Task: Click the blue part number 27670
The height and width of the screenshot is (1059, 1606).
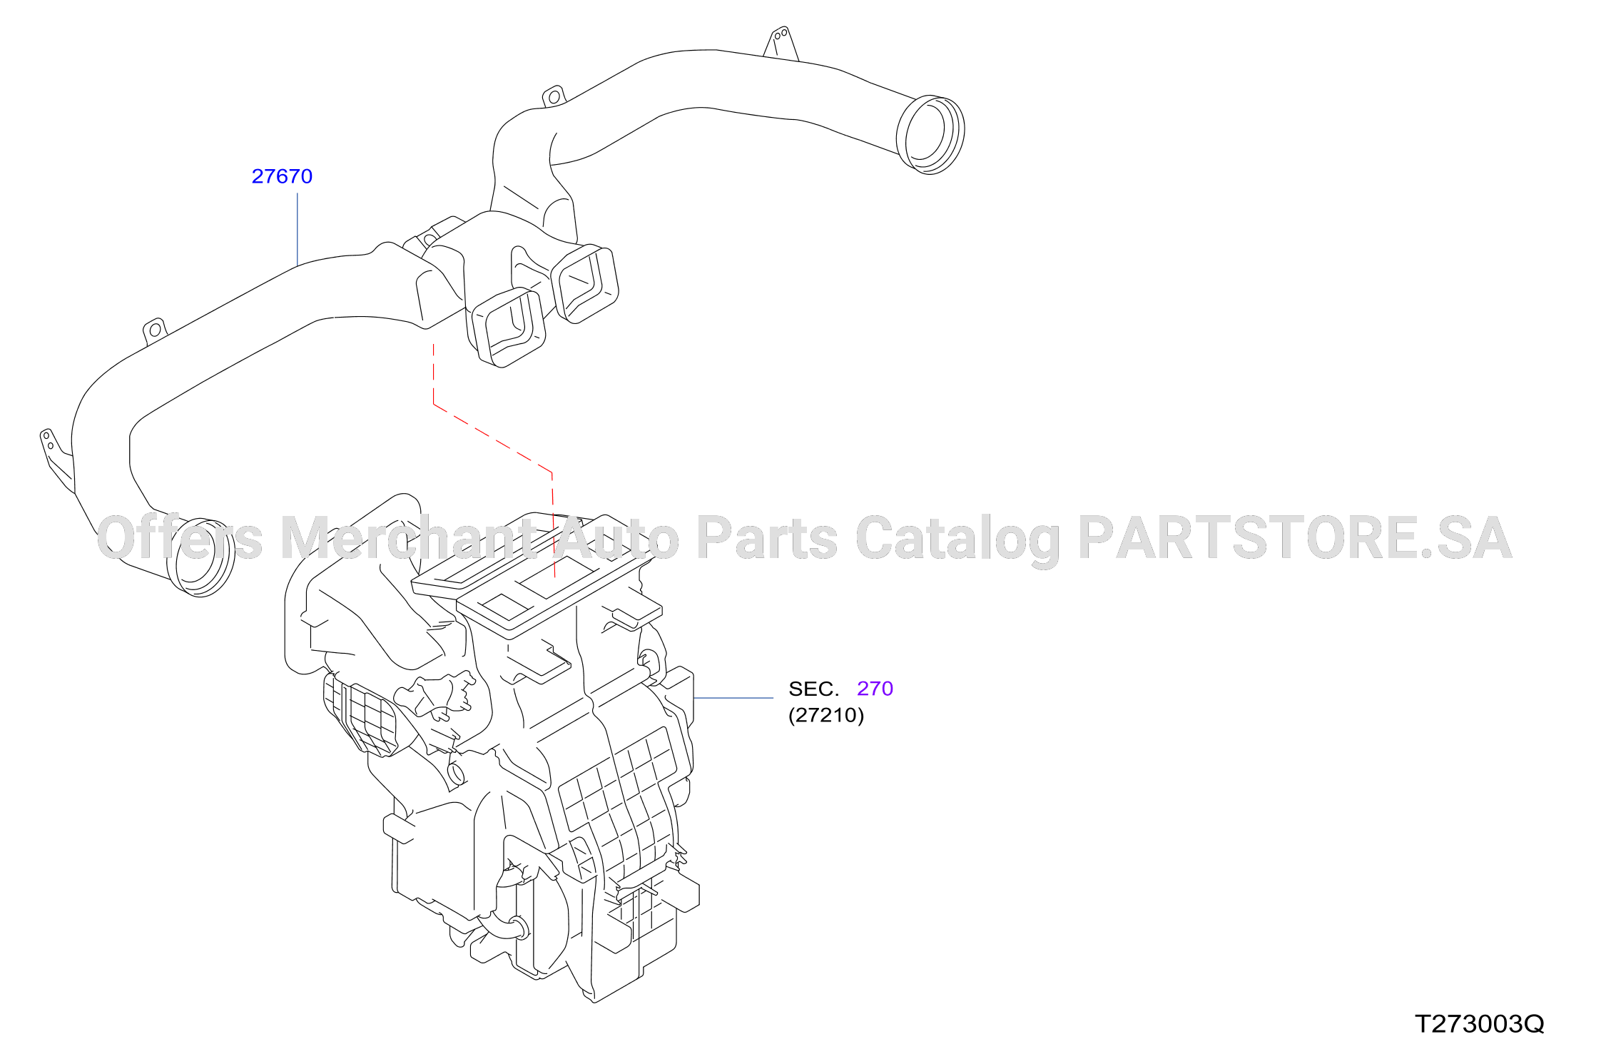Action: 282,176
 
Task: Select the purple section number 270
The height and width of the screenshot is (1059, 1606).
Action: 875,689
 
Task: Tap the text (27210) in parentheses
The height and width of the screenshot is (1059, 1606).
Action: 826,715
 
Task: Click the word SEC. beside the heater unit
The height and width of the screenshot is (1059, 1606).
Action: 813,689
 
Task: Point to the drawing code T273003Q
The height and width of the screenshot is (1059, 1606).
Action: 1479,1024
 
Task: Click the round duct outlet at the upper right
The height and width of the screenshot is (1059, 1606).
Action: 930,135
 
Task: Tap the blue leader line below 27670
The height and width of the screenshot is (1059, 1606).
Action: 298,230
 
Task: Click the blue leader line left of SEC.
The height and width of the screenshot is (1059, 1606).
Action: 733,698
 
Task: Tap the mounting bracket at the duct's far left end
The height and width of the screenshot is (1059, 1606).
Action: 56,459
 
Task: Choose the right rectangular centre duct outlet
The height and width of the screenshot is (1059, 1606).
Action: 585,284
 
